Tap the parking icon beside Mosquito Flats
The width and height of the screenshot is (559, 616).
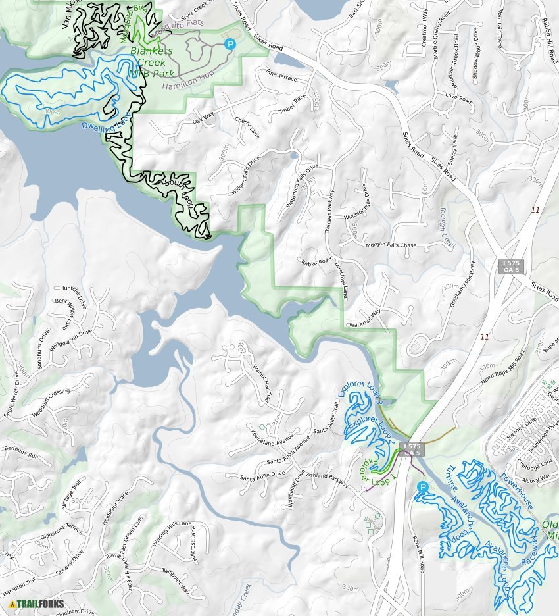pyautogui.click(x=230, y=44)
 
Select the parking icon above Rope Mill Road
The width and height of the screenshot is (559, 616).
pyautogui.click(x=422, y=487)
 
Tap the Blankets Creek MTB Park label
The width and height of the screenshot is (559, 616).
pyautogui.click(x=152, y=62)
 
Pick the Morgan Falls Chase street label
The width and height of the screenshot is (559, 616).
pyautogui.click(x=391, y=245)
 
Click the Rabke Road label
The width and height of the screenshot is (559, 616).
pyautogui.click(x=316, y=264)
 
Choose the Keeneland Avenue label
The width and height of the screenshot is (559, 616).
pyautogui.click(x=276, y=436)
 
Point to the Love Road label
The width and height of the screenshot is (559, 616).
pyautogui.click(x=458, y=98)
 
